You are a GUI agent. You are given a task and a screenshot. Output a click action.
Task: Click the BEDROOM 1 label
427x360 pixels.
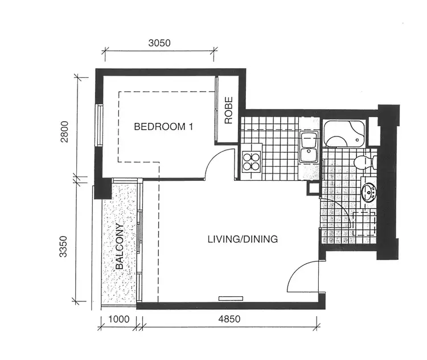[163, 127]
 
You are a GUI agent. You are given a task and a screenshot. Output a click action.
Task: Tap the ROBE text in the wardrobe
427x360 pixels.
[229, 111]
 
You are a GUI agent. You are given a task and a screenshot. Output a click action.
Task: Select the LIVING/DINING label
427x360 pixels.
[243, 239]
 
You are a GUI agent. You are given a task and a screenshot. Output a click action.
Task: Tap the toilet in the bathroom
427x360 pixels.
[362, 163]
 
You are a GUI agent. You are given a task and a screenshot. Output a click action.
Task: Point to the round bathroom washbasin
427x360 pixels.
[369, 193]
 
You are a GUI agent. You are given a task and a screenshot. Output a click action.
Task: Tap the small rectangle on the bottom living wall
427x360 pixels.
[231, 297]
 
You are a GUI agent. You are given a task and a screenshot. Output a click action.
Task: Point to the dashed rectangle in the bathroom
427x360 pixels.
[364, 223]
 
